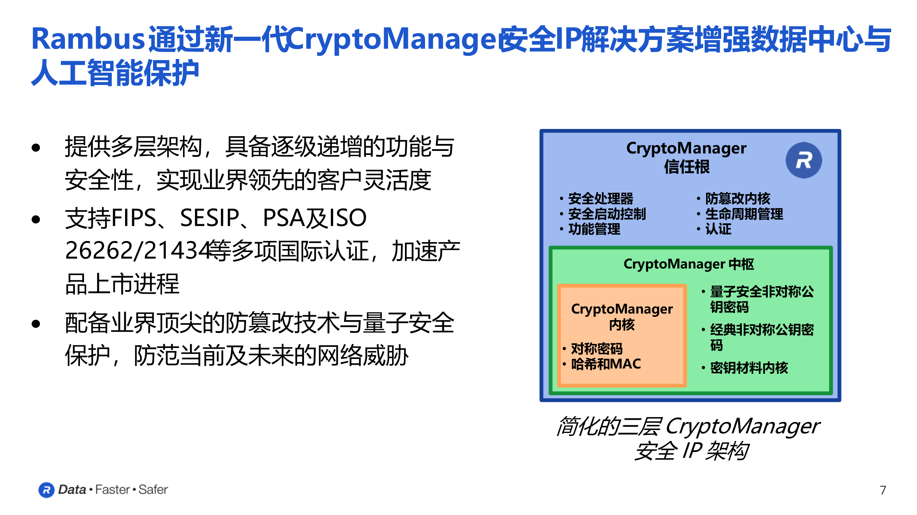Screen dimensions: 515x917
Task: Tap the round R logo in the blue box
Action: coord(803,160)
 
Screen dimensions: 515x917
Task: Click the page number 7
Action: coord(883,490)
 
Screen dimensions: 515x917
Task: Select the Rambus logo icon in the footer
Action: coord(46,490)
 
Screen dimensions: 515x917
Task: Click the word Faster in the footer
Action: coord(112,490)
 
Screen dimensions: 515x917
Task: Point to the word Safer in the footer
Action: coord(153,490)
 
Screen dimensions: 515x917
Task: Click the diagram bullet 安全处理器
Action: coord(600,199)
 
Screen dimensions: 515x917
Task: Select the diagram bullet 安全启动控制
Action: coord(607,214)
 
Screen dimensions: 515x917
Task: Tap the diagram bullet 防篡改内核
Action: coord(737,199)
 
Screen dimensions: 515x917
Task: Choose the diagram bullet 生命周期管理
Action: coord(744,214)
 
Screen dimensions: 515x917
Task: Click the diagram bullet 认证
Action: coord(718,229)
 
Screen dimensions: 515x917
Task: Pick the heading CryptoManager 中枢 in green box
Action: coord(688,264)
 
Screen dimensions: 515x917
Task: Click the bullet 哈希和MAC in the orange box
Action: coord(606,364)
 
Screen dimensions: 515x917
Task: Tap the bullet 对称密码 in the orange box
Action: coord(596,348)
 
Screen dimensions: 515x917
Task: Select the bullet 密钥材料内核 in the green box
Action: coord(749,368)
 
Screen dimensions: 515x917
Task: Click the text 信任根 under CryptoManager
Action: coord(687,167)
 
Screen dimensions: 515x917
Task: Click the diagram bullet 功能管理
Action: coord(594,229)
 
